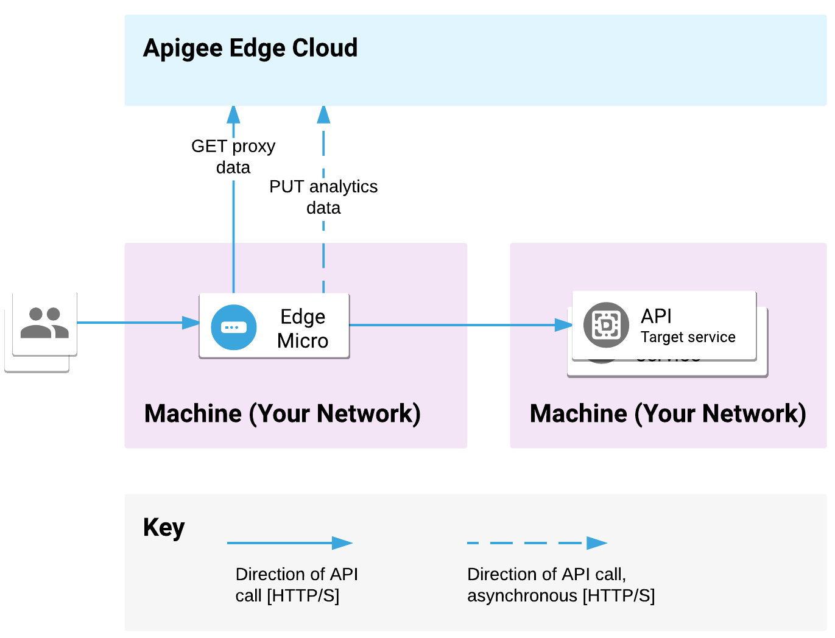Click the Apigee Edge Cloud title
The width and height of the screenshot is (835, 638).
pos(250,48)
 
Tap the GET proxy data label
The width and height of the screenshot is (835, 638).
pos(233,156)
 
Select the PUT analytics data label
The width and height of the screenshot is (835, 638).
pos(323,197)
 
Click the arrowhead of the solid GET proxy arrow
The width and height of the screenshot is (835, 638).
pos(233,114)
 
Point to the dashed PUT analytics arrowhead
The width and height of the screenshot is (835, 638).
pos(323,114)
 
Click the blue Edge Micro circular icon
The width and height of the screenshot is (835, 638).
pos(233,327)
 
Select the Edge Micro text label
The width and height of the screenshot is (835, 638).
pos(303,328)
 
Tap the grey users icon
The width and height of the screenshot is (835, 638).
pos(44,323)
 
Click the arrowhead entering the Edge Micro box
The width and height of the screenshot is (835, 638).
pos(191,323)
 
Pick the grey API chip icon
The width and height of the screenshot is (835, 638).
pos(605,324)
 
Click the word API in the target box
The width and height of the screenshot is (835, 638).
pos(656,316)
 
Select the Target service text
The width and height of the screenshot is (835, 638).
pos(688,337)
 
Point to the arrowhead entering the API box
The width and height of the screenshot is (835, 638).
pos(564,325)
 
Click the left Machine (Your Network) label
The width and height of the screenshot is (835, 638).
pos(282,413)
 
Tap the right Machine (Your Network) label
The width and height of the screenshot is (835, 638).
pos(668,413)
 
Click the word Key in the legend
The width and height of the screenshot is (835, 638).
pos(163,527)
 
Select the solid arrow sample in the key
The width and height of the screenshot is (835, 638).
pos(289,543)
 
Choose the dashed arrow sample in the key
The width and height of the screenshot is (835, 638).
pos(537,543)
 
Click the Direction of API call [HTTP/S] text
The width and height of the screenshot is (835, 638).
pos(297,584)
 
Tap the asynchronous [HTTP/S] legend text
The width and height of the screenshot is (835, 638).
pos(560,595)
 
